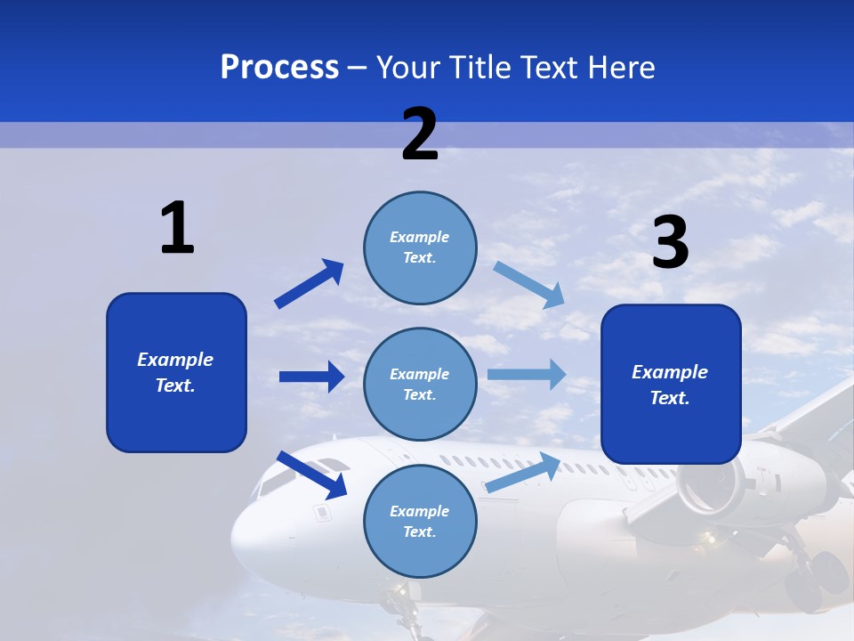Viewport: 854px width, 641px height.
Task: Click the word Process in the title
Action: [x=279, y=68]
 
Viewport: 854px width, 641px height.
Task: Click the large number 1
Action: [x=177, y=228]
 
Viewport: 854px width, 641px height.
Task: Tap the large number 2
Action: [x=420, y=134]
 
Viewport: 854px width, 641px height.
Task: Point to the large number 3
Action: [x=670, y=242]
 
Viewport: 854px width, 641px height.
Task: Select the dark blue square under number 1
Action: [x=176, y=372]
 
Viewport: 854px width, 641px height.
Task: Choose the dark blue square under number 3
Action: [x=671, y=385]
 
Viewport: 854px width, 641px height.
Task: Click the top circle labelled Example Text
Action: [x=420, y=247]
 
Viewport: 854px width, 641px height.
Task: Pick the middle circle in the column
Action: [x=420, y=385]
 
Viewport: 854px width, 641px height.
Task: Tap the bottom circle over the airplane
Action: [x=420, y=522]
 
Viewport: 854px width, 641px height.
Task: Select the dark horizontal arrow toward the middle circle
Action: [x=311, y=377]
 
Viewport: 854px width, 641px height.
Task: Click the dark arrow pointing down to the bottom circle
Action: [x=312, y=475]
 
